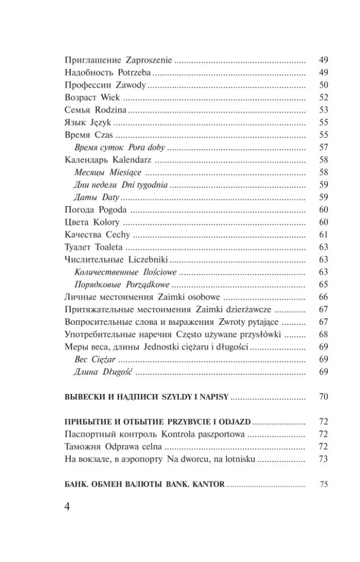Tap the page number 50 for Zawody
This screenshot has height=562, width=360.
point(323,85)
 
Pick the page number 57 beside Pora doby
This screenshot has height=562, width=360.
point(323,147)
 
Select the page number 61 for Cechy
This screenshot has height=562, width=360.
point(323,235)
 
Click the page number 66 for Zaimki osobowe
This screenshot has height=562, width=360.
point(323,297)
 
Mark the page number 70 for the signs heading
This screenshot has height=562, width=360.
point(323,397)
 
